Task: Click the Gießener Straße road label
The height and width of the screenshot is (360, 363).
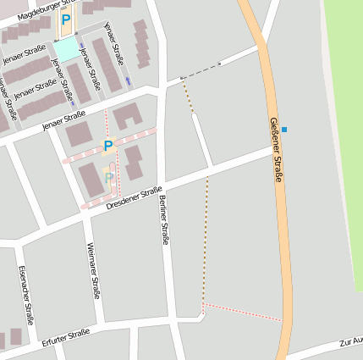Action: point(275,149)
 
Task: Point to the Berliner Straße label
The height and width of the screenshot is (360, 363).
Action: point(163,219)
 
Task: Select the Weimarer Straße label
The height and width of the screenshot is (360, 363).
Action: point(93,270)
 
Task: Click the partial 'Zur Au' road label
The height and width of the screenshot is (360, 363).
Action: point(349,342)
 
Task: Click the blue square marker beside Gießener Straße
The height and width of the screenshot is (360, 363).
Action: point(284,130)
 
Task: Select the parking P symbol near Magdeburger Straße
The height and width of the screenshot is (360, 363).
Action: point(65,19)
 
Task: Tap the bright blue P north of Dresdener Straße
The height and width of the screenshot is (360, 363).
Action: point(107,146)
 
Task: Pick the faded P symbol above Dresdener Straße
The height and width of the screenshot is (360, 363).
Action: point(108,178)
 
